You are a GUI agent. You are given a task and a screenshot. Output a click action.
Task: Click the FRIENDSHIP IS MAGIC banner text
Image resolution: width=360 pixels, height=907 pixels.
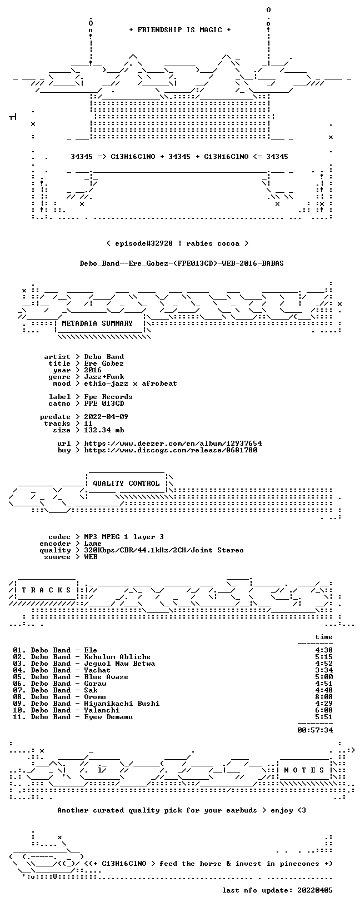point(180,30)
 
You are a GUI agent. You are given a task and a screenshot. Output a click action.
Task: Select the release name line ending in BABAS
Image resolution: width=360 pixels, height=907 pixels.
point(182,263)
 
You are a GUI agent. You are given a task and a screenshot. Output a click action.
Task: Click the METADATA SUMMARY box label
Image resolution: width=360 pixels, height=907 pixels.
point(97,323)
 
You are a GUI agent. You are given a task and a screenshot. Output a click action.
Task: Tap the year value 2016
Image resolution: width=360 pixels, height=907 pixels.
point(93,370)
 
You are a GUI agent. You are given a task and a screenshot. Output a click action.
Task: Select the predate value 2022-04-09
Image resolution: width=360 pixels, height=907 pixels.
point(106,417)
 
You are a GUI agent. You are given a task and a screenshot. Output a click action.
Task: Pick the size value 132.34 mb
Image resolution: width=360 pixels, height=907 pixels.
point(104,430)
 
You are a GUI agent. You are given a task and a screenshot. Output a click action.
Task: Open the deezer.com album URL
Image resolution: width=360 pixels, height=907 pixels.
point(173,443)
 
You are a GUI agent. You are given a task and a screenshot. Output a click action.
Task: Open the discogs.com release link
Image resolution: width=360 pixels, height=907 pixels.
point(171,450)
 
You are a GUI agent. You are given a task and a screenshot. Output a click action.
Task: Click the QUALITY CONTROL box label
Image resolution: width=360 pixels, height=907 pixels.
point(126,483)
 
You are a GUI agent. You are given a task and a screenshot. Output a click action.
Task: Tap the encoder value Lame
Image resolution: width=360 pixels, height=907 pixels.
point(93,544)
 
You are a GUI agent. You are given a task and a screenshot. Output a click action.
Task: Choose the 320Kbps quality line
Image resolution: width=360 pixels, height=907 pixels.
point(164,550)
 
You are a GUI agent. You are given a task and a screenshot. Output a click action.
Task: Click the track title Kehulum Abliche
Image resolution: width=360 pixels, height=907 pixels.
point(117,657)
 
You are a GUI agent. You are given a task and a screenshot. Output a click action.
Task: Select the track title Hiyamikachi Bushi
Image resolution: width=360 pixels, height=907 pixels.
point(122,704)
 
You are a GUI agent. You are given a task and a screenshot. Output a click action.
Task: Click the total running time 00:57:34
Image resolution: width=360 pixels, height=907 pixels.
point(315,730)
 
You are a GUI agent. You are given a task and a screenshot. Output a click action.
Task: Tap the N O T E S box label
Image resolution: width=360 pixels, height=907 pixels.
point(304,770)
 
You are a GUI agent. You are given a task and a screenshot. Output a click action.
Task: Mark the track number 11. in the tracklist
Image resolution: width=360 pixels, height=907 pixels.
point(19,717)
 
